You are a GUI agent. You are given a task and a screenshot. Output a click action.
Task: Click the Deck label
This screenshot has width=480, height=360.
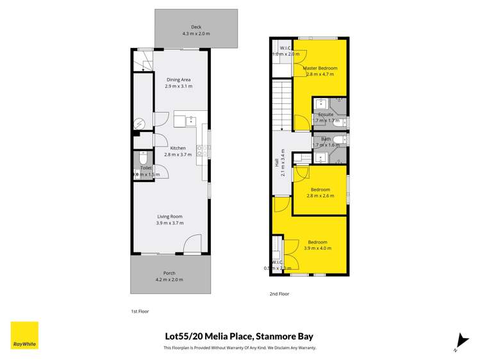[196, 28]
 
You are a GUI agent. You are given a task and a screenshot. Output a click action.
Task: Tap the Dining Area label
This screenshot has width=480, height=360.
[178, 79]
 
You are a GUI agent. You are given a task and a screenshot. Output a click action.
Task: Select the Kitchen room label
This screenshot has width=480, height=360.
[178, 148]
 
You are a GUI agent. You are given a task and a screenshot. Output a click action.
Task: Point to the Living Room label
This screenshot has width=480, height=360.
[170, 217]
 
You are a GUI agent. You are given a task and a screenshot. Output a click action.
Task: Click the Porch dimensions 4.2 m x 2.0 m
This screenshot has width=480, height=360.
[170, 279]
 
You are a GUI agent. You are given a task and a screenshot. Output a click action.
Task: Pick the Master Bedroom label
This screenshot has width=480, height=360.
[320, 68]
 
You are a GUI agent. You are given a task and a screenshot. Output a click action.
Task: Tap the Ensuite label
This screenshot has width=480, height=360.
[326, 114]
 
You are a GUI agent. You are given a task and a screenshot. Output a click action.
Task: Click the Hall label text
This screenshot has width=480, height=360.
[277, 165]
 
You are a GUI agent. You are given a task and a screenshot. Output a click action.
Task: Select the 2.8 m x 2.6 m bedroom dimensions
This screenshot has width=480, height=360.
[320, 196]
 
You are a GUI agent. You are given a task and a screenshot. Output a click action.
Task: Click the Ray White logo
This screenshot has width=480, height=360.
[24, 335]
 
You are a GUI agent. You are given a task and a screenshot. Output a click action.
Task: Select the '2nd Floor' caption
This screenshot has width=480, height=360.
[279, 293]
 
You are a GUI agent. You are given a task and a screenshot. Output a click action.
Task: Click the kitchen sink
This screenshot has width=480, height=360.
[191, 120]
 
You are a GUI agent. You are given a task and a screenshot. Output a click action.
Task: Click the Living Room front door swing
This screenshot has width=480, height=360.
[191, 245]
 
